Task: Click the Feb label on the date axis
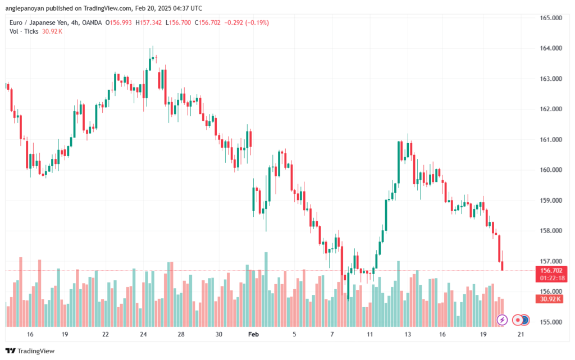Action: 253,334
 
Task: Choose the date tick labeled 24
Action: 143,334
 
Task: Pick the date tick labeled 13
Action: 408,334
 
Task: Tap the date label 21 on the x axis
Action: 521,334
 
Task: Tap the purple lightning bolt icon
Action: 502,320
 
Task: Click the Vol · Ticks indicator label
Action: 24,31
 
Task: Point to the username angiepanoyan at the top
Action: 28,8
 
